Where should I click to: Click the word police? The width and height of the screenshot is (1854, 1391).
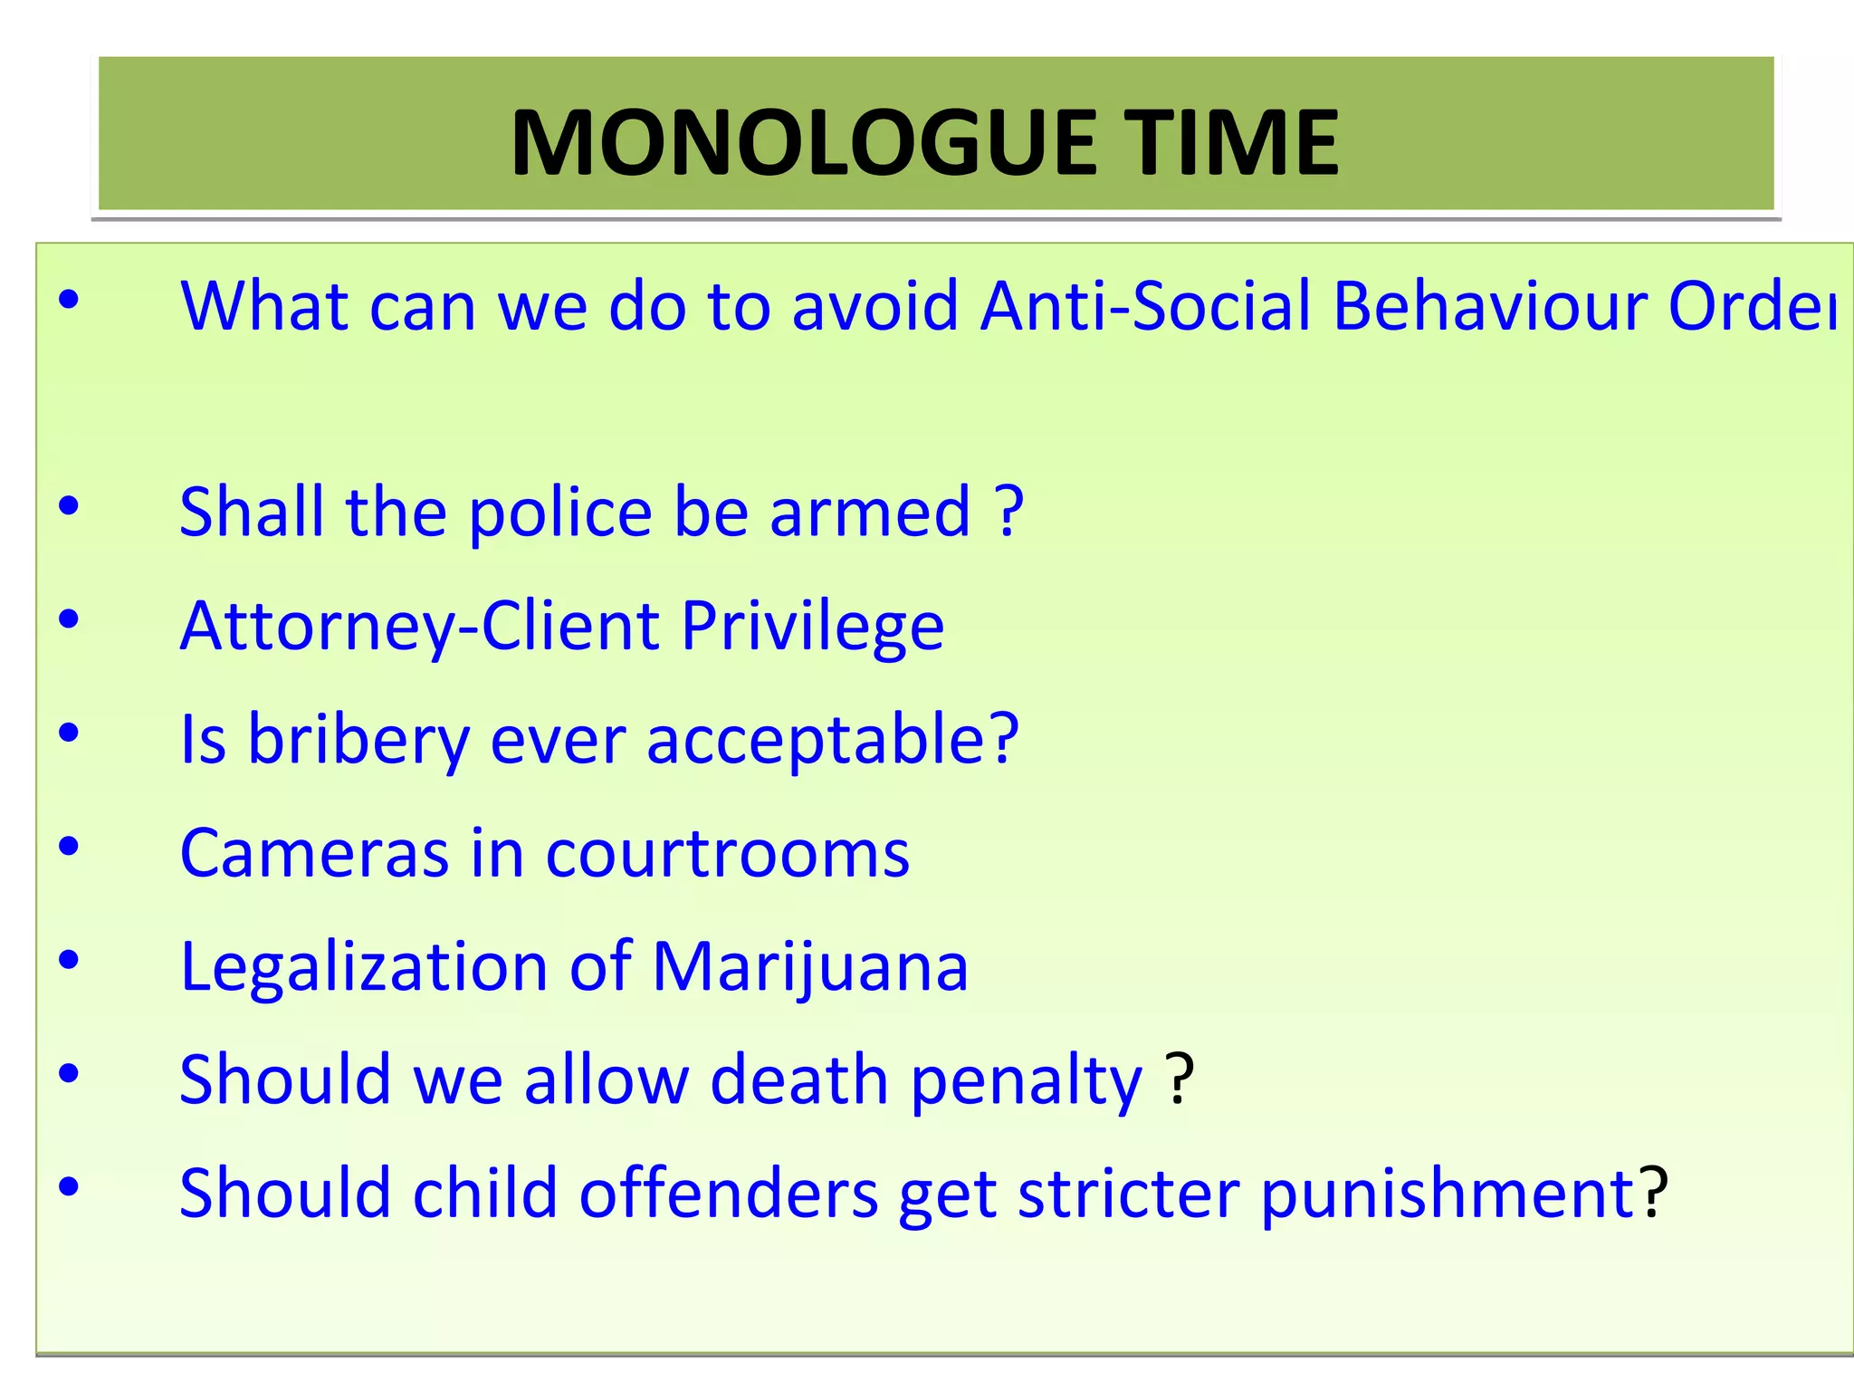click(x=560, y=513)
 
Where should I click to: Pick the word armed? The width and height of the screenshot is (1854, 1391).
click(x=870, y=513)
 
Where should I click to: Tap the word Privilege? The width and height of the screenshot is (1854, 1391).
click(x=812, y=627)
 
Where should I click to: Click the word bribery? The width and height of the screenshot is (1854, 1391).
click(x=358, y=740)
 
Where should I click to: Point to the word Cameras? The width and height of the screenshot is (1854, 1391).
click(x=314, y=853)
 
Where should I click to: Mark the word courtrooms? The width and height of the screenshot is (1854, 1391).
click(x=727, y=853)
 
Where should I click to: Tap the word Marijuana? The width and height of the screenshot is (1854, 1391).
click(x=809, y=966)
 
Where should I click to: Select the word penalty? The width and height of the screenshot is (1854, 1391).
click(x=1027, y=1081)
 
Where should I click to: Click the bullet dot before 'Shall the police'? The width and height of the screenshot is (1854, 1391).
click(x=69, y=506)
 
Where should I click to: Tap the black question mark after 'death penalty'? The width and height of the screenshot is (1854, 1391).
click(x=1179, y=1079)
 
